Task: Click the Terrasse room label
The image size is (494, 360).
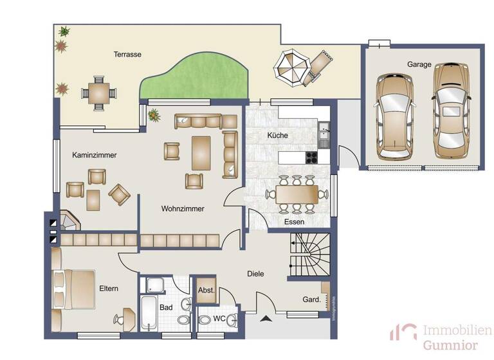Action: click(127, 55)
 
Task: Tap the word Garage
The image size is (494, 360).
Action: click(419, 64)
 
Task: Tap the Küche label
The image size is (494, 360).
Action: click(278, 136)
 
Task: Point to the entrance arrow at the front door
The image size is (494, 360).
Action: click(265, 318)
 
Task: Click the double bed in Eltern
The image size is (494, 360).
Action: click(73, 287)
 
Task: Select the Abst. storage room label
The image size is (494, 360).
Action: click(206, 290)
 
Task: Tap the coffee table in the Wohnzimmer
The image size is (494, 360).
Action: click(201, 152)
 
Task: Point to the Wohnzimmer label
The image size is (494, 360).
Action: click(183, 209)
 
